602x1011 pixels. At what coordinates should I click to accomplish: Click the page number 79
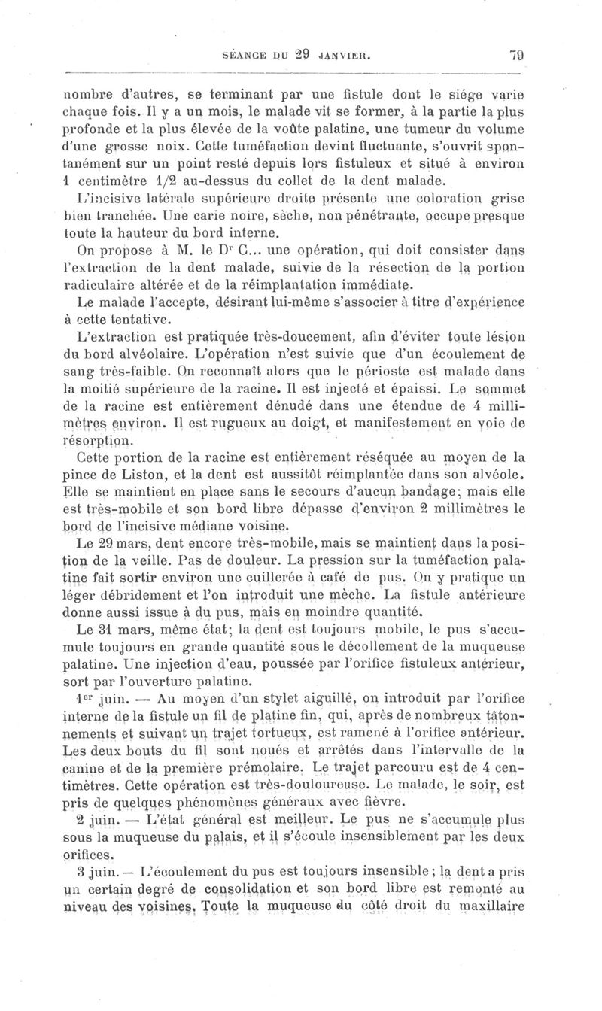pyautogui.click(x=516, y=54)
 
